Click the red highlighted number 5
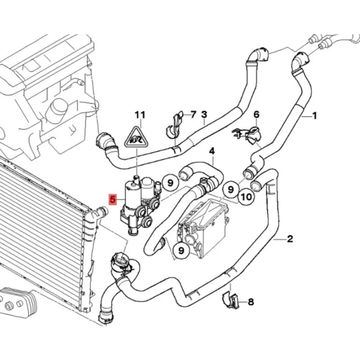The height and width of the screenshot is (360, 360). pos(112,199)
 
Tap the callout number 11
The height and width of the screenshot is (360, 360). pos(140,115)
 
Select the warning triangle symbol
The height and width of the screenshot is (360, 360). pos(136,138)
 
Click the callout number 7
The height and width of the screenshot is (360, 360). pos(193,114)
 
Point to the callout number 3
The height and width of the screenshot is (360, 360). pos(204,114)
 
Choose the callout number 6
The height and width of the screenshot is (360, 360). pos(256,114)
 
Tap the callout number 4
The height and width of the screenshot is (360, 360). pos(212,151)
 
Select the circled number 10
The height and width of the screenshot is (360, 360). pos(247,197)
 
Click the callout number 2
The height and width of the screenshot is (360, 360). pos(290,239)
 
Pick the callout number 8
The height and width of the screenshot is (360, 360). pos(251,301)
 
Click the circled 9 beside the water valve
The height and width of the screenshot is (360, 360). pos(170,183)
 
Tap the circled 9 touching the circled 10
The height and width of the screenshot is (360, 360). pos(231,189)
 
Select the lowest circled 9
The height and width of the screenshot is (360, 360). pos(181,250)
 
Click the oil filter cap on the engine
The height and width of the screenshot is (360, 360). pos(56,108)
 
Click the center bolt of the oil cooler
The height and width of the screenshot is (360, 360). pos(9,306)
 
